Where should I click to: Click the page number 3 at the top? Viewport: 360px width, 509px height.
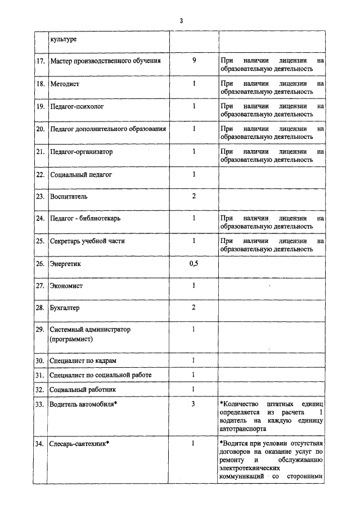point(181,21)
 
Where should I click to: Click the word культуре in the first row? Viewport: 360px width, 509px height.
point(63,39)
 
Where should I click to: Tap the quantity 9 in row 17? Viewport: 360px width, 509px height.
point(193,60)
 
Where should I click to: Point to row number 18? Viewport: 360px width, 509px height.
point(40,83)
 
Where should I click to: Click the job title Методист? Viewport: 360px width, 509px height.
point(65,83)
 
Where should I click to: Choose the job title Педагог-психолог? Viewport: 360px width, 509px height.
point(76,106)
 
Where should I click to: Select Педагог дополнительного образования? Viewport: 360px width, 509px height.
point(108,129)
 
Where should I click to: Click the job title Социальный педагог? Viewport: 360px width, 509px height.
point(81,174)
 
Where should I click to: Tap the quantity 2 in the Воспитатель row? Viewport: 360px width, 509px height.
point(193,196)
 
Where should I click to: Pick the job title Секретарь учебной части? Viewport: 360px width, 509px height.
point(87,241)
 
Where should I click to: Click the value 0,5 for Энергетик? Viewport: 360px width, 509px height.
point(193,263)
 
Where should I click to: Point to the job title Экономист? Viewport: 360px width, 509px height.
point(66,286)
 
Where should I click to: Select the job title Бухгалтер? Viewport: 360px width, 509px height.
point(65,308)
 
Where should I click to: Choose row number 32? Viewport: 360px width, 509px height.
point(40,389)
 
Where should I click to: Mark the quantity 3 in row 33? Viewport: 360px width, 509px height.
point(193,404)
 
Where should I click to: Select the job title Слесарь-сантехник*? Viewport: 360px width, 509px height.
point(79,444)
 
